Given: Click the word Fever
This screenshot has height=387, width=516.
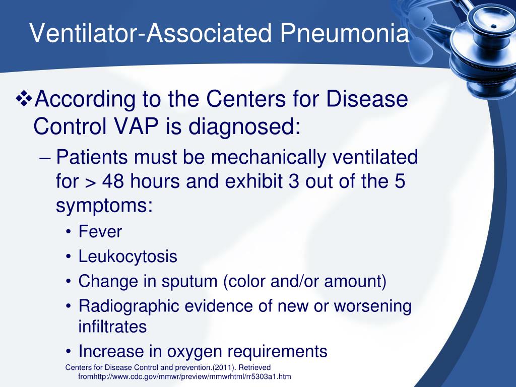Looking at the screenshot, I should tap(100, 232).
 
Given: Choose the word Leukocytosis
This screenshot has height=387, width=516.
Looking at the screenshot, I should tap(128, 256).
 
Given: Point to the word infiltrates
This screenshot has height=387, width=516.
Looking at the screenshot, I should tap(112, 327).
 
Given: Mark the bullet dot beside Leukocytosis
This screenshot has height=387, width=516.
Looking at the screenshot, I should tap(69, 257).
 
